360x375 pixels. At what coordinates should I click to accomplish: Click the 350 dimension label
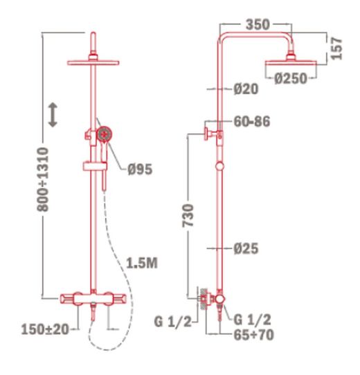[x=258, y=24]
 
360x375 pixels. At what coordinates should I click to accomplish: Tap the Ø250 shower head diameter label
[x=289, y=78]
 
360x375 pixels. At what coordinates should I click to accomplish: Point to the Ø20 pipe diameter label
[x=246, y=89]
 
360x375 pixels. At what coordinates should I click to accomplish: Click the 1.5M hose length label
[x=143, y=263]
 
